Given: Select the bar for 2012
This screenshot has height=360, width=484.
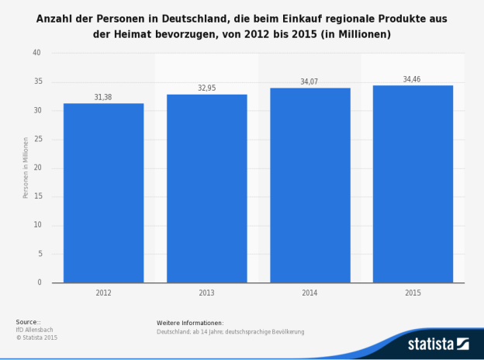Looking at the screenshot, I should pos(103,192).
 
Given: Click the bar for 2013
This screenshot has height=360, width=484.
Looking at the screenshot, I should pos(206,188).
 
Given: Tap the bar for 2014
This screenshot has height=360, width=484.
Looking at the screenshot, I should pos(309,185).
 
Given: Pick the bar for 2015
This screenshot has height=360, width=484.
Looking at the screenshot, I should pos(413,184).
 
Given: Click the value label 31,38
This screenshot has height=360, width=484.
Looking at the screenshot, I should pos(103,97).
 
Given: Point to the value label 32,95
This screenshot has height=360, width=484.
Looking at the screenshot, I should pos(206,88).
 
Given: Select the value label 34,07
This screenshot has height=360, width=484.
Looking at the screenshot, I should pos(309,81).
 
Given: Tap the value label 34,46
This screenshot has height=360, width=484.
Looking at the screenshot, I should pos(413,79).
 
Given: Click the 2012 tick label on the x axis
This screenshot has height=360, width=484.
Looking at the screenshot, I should pos(103,293).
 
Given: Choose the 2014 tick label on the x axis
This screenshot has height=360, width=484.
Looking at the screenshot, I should pos(309,293).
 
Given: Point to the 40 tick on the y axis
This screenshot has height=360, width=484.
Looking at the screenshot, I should pos(36,54).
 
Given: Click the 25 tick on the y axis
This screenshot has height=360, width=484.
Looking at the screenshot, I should pos(36,140).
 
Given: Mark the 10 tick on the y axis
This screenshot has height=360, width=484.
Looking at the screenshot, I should pos(36,226).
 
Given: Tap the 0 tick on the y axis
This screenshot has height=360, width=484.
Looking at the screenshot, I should pos(39,283).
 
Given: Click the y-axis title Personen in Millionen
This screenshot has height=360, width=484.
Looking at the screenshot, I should pos(25,168).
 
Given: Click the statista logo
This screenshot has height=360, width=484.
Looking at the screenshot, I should pos(438,343).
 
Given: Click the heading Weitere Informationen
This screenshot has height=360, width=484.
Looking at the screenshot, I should pos(190,322).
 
